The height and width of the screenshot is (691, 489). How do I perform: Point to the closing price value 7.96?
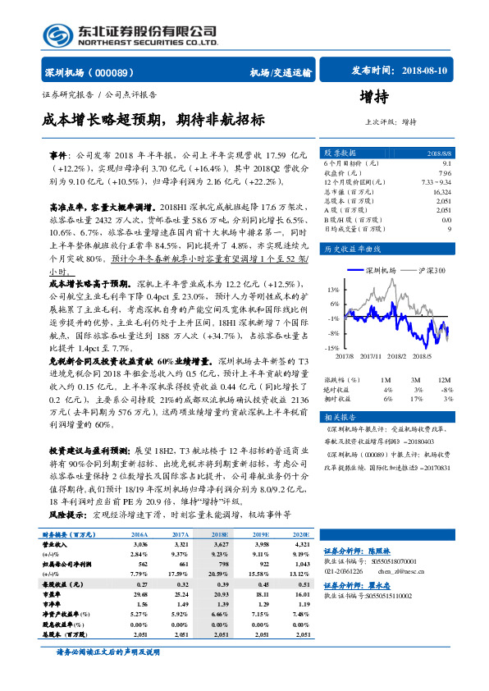click(445, 172)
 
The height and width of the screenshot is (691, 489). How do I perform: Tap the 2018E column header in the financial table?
click(219, 533)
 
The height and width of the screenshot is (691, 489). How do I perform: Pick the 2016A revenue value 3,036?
click(139, 544)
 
